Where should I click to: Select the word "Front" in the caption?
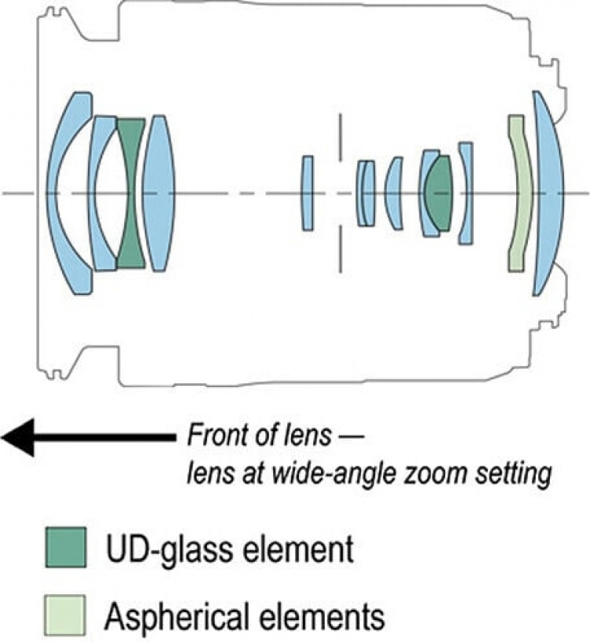216,436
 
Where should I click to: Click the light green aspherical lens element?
518,194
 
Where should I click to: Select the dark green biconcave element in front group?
131,194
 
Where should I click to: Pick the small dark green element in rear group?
439,194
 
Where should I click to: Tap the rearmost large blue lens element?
548,194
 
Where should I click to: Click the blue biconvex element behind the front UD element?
159,194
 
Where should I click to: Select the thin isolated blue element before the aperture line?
308,194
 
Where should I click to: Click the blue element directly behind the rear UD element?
466,194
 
